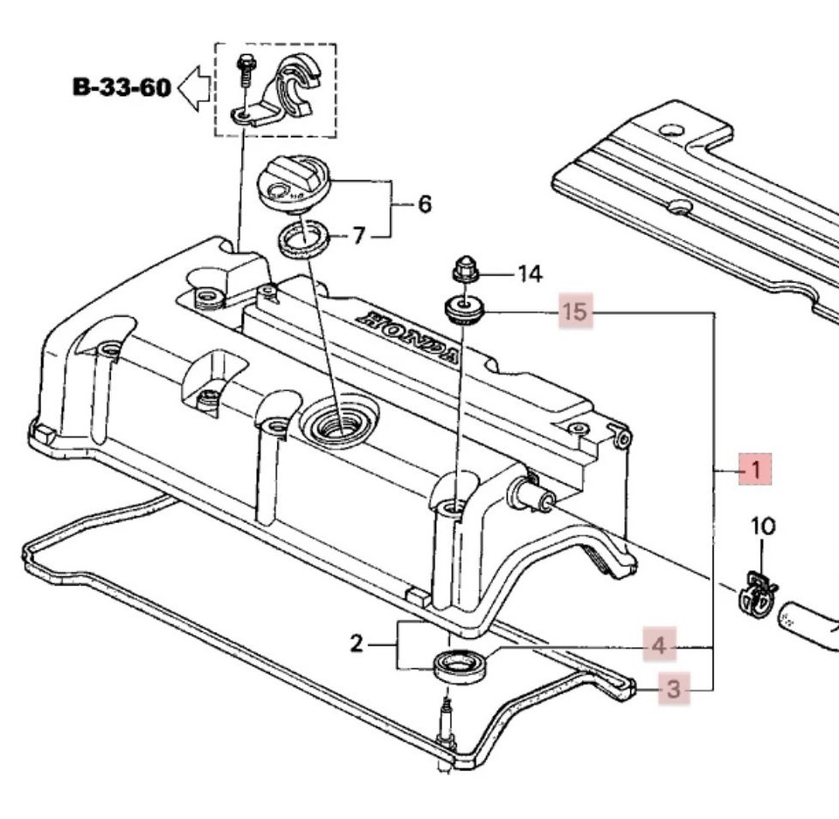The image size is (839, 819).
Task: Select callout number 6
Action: (424, 204)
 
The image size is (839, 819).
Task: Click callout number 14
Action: (530, 274)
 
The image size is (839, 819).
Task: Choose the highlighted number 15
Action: (576, 311)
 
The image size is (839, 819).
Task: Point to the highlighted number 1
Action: (753, 470)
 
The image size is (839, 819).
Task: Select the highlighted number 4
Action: (659, 647)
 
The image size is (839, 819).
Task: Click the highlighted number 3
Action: (673, 690)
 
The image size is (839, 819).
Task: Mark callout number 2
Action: (356, 644)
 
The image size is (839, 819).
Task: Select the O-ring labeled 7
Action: (304, 238)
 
